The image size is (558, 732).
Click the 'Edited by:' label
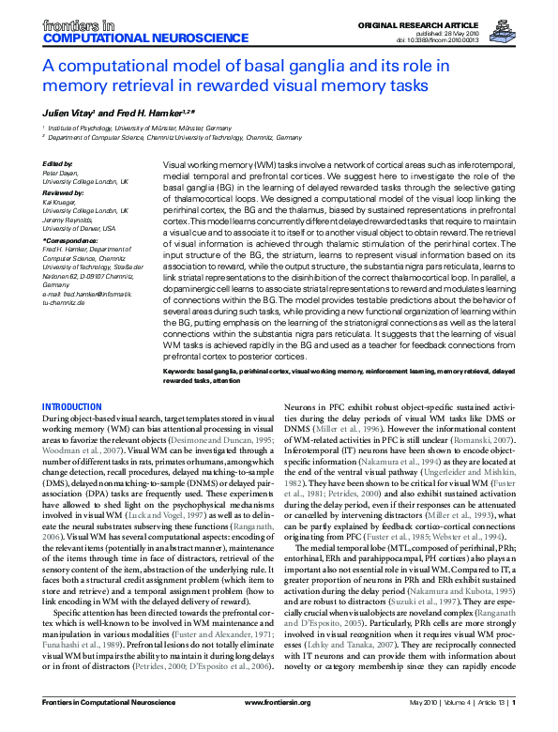[x=58, y=163]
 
